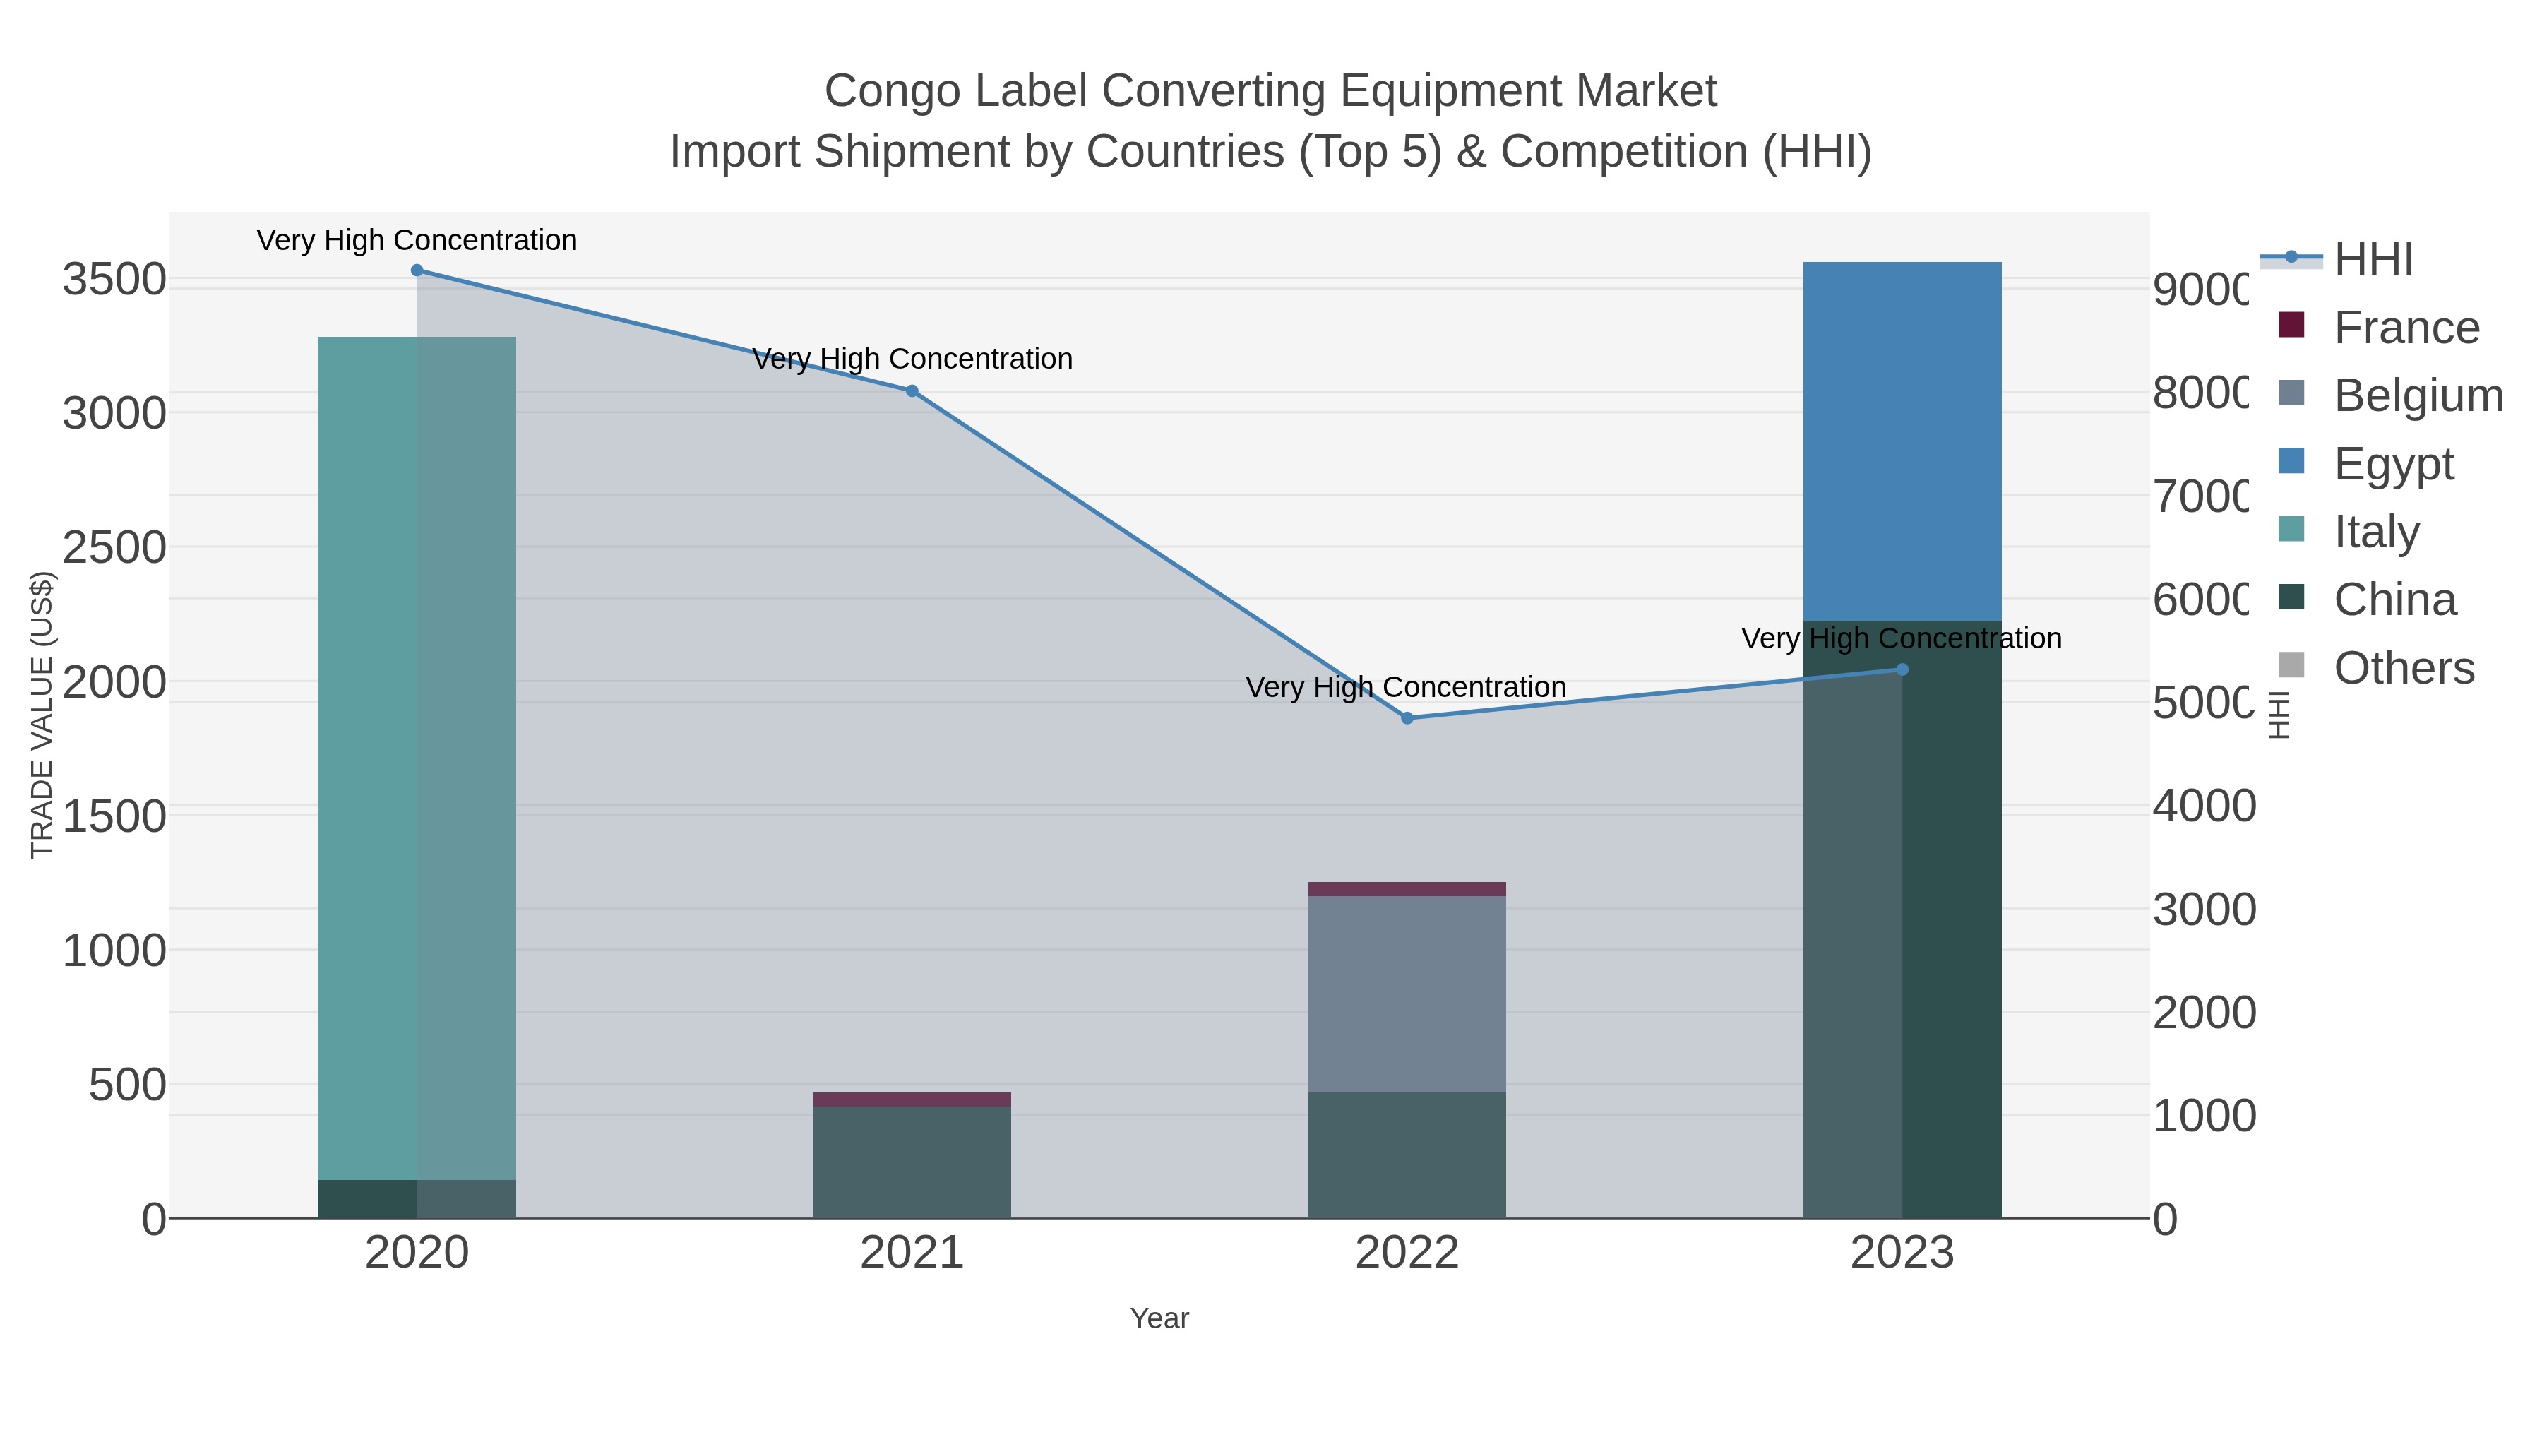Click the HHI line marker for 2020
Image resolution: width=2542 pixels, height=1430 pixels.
tap(417, 270)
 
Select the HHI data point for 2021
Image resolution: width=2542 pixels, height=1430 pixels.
tap(912, 391)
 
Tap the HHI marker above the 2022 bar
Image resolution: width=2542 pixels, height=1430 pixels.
tap(1407, 718)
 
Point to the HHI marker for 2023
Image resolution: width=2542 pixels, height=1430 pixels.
tap(1902, 669)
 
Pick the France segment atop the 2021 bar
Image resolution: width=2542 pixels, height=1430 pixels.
tap(912, 1100)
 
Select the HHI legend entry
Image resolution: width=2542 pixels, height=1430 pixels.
tap(2373, 260)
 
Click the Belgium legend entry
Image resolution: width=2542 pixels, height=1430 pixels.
tap(2417, 395)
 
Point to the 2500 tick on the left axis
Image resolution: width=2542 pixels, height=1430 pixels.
tap(114, 548)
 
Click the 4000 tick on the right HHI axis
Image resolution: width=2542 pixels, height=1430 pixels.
tap(2202, 806)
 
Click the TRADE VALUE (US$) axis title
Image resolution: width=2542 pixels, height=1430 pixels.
tap(42, 715)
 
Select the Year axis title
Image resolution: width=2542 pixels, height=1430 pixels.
tap(1159, 1318)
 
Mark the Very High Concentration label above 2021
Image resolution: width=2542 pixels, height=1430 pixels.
tap(912, 359)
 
